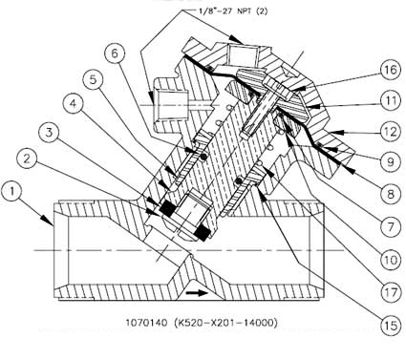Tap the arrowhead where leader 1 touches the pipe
tap(49, 221)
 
